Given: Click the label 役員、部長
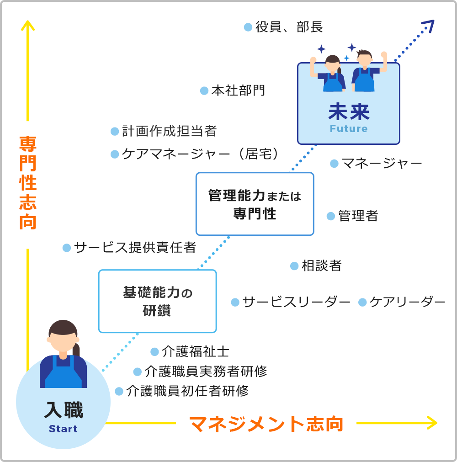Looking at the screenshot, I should pos(289,27).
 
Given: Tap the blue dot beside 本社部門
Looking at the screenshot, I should pos(204,91).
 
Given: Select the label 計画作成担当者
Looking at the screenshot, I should pos(169,132).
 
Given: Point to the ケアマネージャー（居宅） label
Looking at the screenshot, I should pos(201,154).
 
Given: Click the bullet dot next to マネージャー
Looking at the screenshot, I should pos(334,163).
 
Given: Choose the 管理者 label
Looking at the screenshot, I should pos(358,216).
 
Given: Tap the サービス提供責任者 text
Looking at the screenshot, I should pos(135,248).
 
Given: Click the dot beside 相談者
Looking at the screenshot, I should pos(294,266).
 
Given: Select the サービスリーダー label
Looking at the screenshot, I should pos(296,302).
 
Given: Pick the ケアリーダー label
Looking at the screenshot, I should pos(407,302).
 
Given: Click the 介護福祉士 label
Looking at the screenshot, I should pos(195,351).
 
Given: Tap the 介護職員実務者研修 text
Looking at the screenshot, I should pos(206,372).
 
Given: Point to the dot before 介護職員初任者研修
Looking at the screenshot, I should pos(119,391).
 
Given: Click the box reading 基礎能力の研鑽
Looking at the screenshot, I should pos(157,301).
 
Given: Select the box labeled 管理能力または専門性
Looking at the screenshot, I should pos(255,204).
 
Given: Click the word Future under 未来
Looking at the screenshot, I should pos(348,129).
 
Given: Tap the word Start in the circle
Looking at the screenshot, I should pos(63,429).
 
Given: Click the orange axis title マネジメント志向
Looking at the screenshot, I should pos(266,424).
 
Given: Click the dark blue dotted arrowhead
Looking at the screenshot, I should pos(428,26).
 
